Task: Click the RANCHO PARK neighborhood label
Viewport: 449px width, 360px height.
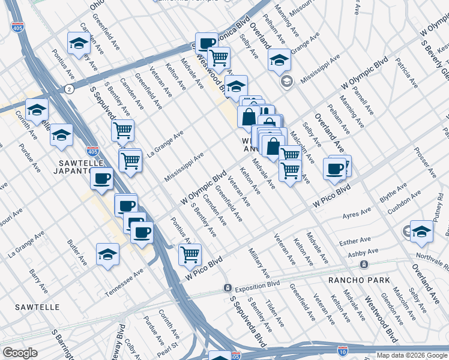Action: coord(360,280)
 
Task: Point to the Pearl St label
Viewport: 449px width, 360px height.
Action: coord(169,347)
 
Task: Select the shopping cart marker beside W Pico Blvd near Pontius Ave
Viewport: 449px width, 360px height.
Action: coord(190,254)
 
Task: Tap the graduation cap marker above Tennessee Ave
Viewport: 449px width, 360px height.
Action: coord(107,254)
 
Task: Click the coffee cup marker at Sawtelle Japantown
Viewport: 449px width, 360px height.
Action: coord(103,178)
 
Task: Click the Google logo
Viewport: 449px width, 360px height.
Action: coord(20,353)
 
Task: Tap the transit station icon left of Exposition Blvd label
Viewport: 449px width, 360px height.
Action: coord(228,288)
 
